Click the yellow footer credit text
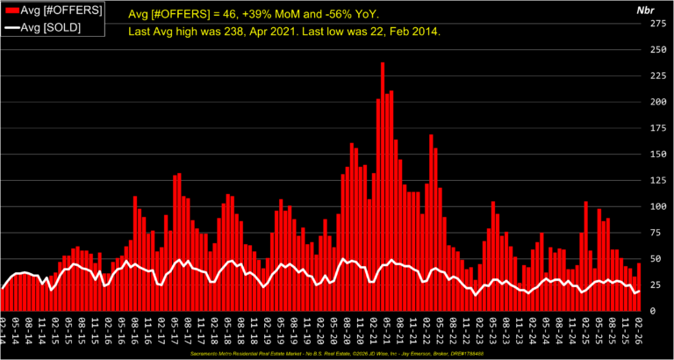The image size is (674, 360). pos(337,353)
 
